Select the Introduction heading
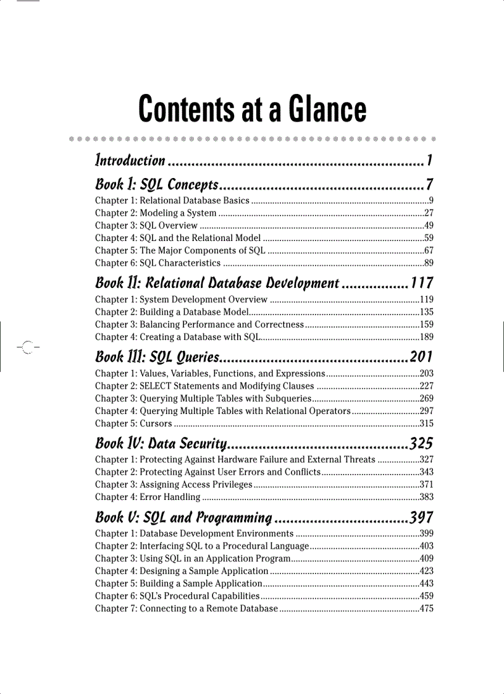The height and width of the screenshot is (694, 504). [130, 161]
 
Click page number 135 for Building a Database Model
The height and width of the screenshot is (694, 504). [426, 312]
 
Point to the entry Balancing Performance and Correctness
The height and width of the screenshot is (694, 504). [221, 324]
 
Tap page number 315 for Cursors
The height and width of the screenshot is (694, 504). [426, 423]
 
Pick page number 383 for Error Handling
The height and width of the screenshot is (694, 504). [426, 497]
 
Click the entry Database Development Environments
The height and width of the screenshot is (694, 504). [216, 533]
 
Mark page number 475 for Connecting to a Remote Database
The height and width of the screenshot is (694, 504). [426, 609]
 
